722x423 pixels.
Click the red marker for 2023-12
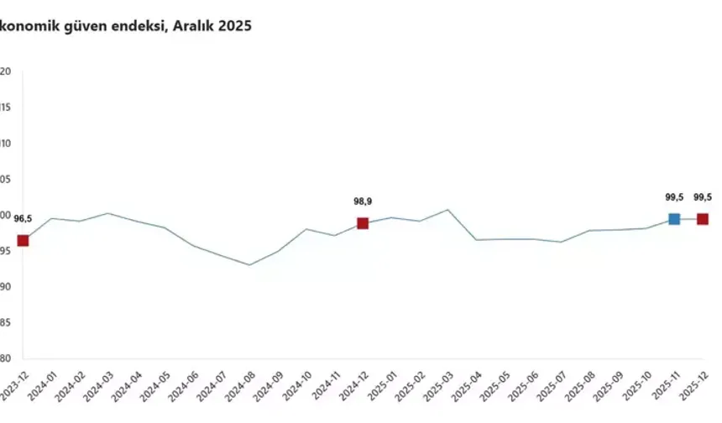[23, 241]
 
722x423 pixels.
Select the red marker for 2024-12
[363, 223]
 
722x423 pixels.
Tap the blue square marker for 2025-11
[674, 219]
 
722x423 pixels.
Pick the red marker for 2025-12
[703, 219]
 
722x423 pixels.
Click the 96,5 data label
[23, 219]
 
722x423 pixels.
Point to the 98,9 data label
[363, 201]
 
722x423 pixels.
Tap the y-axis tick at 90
[5, 287]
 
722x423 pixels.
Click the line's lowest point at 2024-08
[249, 265]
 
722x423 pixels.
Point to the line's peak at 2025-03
[447, 210]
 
